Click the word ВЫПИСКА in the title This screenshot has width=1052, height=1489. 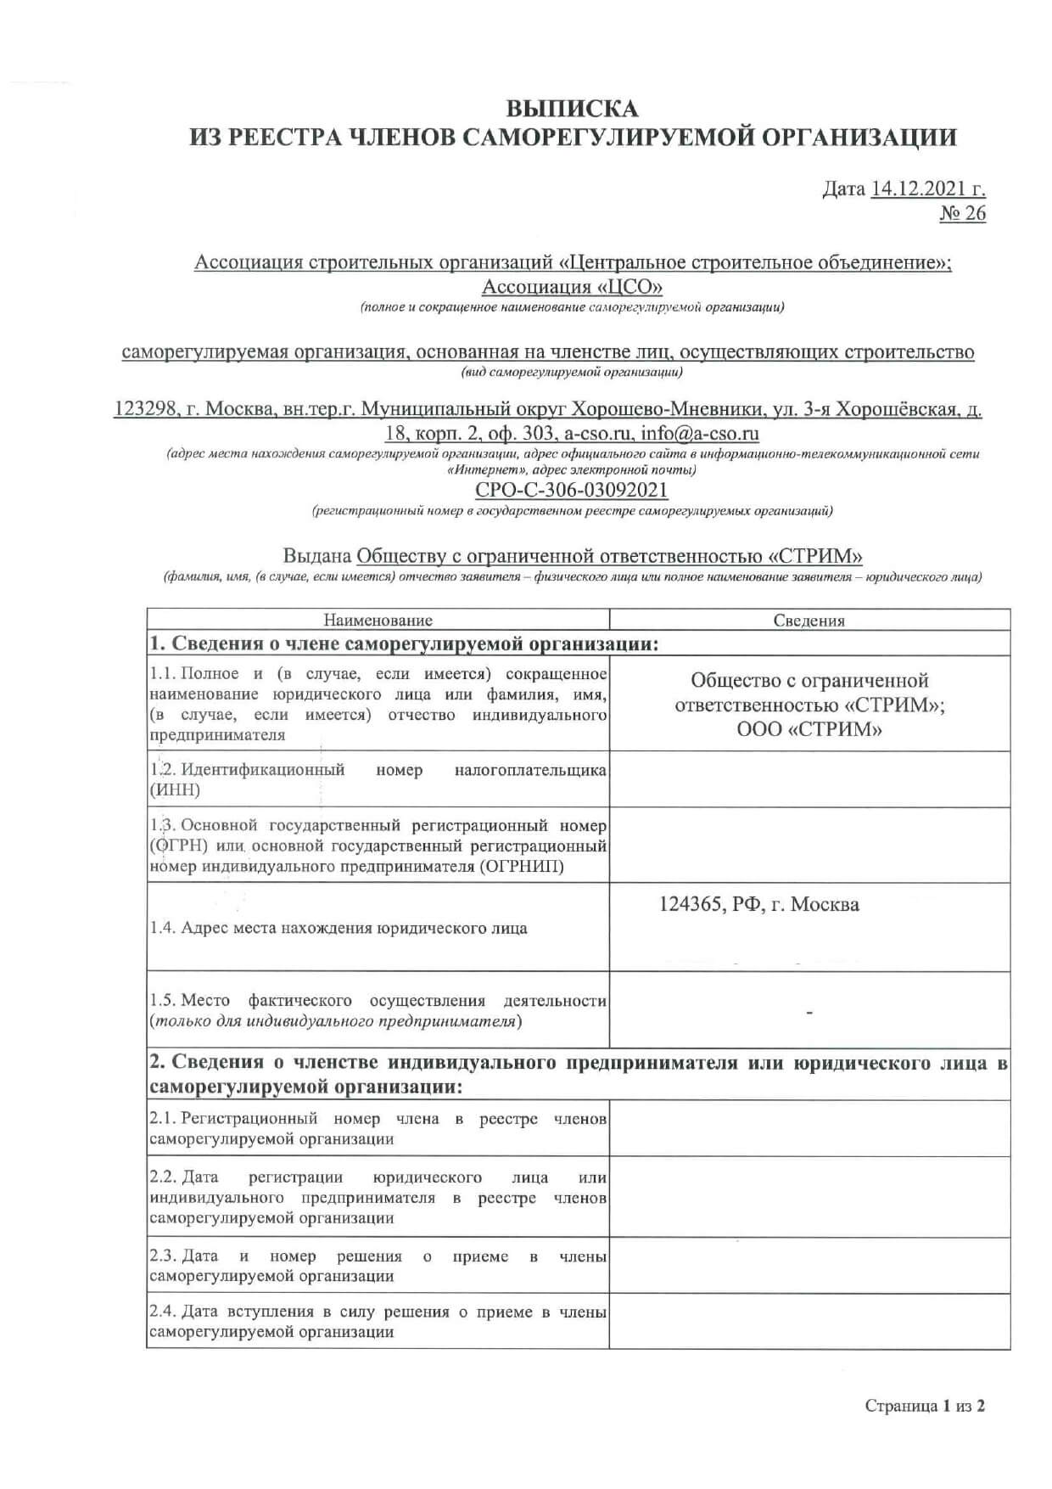coord(572,109)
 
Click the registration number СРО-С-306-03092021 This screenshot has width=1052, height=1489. coord(571,490)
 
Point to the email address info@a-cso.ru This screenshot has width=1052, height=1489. coord(700,433)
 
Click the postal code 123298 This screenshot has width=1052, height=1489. coord(145,409)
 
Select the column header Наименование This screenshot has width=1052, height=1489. coord(378,621)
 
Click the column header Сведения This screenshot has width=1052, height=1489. coord(809,621)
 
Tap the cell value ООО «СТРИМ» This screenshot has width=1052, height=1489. coord(809,729)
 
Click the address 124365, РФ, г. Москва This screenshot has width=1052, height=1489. coord(758,905)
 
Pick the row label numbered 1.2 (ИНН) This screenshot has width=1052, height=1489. coord(378,779)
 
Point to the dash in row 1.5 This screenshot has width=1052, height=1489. coord(809,1013)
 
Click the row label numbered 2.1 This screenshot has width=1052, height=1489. coord(378,1128)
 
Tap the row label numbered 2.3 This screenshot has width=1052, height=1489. coord(378,1266)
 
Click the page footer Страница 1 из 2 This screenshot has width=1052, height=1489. coord(925,1406)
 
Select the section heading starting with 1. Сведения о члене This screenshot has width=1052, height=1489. coord(404,643)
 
